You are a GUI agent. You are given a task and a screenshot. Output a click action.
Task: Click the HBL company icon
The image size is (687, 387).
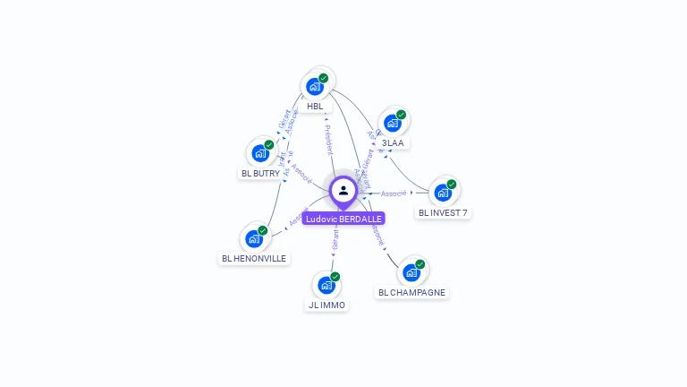click(315, 86)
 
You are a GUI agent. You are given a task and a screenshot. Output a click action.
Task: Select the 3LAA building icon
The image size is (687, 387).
click(393, 123)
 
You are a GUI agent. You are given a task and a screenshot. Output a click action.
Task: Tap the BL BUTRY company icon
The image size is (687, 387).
click(260, 153)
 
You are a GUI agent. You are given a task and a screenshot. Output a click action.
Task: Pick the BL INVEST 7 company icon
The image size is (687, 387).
click(443, 193)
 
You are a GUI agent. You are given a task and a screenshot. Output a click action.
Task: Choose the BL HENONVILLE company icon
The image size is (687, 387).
click(254, 239)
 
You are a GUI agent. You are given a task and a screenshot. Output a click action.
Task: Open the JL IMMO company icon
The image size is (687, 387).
click(327, 286)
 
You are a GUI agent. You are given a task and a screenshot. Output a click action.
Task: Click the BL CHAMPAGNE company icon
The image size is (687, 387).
click(411, 272)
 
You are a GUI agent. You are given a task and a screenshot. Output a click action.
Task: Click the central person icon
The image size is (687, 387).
click(343, 190)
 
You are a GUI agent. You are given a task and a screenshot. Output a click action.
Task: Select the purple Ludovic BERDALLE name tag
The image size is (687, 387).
click(343, 219)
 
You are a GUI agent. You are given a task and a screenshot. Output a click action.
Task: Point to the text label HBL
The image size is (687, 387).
click(315, 107)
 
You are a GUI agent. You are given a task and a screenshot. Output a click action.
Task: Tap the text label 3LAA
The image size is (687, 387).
click(393, 143)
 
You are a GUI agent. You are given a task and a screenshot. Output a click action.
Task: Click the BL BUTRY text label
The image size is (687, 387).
click(260, 174)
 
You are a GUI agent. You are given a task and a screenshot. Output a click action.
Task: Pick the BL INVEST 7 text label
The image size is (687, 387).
click(443, 213)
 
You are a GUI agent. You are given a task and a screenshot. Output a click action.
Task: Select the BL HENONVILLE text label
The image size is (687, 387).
click(254, 259)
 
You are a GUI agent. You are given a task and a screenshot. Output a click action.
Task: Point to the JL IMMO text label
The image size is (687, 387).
click(327, 305)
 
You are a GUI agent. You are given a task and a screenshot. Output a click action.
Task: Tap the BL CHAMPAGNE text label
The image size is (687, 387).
click(411, 293)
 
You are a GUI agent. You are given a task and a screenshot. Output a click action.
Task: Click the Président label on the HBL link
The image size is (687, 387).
click(328, 139)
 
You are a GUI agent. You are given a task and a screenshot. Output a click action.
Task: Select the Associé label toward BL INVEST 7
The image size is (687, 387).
click(394, 193)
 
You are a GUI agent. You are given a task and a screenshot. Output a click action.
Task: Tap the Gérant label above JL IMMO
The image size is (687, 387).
click(335, 240)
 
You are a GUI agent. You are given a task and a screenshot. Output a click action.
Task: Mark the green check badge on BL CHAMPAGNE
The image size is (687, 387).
click(420, 264)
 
